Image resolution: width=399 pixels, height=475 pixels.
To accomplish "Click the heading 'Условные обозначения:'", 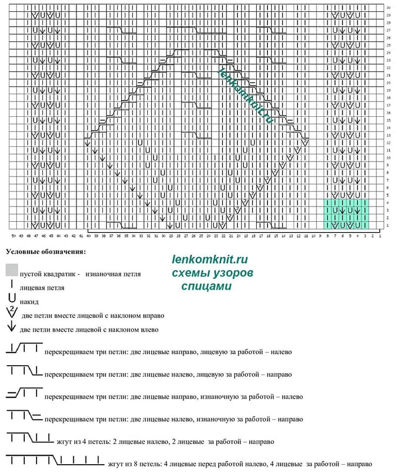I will (45, 251).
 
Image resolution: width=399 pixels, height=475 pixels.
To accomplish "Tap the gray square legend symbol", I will (12, 270).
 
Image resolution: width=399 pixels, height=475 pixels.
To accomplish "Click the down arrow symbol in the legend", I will (12, 327).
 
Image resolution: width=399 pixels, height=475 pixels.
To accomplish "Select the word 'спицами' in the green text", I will (207, 286).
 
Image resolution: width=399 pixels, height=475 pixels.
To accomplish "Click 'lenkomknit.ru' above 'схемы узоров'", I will (210, 259).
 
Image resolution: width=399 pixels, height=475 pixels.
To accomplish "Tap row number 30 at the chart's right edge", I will (388, 8).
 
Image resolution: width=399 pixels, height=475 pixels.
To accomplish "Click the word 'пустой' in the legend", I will (31, 273).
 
